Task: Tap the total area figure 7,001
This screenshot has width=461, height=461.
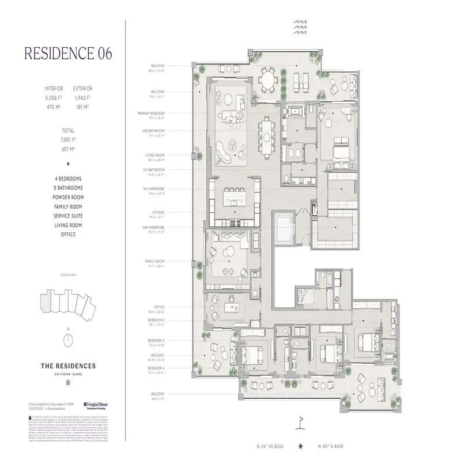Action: [x=68, y=139]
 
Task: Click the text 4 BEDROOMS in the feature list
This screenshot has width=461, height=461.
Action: [x=68, y=178]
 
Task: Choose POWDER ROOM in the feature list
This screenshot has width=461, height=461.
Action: [x=68, y=197]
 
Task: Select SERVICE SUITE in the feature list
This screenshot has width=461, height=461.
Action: [x=68, y=216]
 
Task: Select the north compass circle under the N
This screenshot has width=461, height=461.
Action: [x=68, y=340]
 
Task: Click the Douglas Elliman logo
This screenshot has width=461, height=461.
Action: [x=96, y=406]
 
